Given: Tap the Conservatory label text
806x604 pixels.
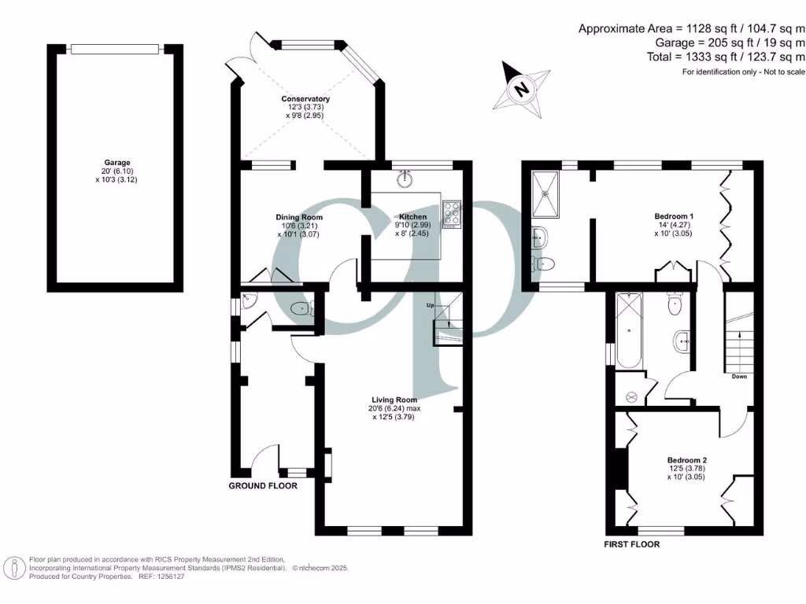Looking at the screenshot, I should click(305, 99).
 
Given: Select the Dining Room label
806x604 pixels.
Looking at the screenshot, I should click(299, 218).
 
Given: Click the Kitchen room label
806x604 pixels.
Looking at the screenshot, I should click(413, 217).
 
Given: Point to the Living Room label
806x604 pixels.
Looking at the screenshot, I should click(394, 400).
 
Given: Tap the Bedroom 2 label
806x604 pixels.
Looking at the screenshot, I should click(687, 460).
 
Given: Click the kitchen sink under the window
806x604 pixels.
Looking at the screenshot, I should click(406, 178).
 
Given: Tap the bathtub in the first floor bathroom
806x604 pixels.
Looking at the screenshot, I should click(629, 331).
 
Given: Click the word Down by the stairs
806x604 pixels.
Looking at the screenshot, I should click(739, 377).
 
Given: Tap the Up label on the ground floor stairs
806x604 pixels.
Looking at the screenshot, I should click(430, 305).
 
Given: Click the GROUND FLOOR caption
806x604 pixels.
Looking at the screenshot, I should click(263, 486).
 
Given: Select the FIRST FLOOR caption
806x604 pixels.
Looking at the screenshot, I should click(631, 544).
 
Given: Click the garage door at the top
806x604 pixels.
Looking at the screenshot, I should click(116, 49).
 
